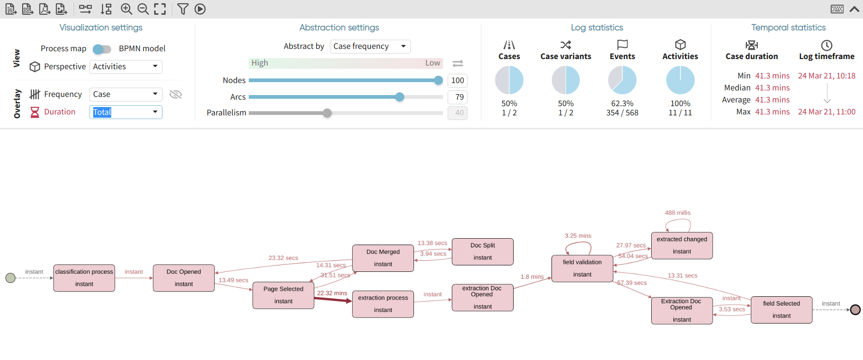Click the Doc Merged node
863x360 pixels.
click(x=383, y=258)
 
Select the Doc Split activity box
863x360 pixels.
click(x=483, y=252)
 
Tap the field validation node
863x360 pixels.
click(x=582, y=268)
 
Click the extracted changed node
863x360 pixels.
click(x=682, y=246)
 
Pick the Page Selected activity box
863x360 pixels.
click(x=283, y=295)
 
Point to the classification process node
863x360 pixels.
click(x=84, y=278)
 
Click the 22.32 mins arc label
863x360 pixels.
click(x=332, y=293)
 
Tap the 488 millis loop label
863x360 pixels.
click(x=677, y=213)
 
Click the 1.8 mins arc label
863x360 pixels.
click(x=532, y=276)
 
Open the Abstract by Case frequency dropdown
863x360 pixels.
click(x=370, y=46)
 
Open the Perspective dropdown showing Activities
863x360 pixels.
click(x=126, y=66)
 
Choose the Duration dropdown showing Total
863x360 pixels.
click(x=126, y=112)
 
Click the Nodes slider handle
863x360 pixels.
click(x=438, y=80)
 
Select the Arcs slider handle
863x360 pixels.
click(x=400, y=97)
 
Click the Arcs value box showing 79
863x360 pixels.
click(x=457, y=97)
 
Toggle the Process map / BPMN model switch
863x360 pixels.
click(x=102, y=49)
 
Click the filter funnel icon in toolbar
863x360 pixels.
click(x=183, y=9)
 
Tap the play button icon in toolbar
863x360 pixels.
click(x=200, y=9)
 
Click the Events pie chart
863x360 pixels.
click(x=622, y=80)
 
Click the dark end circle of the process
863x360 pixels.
click(x=855, y=310)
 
